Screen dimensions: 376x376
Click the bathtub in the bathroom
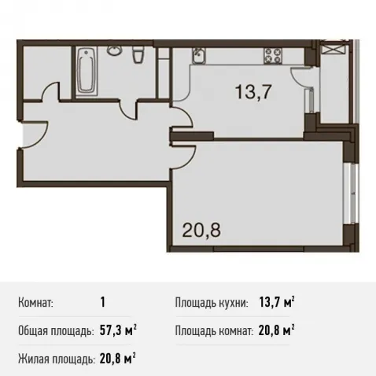(x=87, y=70)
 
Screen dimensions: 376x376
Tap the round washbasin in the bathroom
(x=115, y=50)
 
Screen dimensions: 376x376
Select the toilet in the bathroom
(x=138, y=54)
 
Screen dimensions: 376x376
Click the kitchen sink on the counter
(x=199, y=56)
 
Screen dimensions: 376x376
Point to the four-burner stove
(x=273, y=56)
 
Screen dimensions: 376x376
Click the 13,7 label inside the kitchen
(x=253, y=92)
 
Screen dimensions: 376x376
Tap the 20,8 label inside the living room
(x=201, y=230)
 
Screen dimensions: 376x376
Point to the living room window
(x=350, y=194)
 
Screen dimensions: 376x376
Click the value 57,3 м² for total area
(x=118, y=330)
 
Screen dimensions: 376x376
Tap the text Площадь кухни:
(x=212, y=303)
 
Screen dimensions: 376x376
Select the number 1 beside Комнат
(x=102, y=302)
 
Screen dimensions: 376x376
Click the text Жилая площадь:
(x=57, y=359)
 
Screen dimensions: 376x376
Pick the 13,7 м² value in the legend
(x=277, y=302)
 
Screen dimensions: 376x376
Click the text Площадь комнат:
(x=214, y=331)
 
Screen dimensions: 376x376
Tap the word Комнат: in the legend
(x=35, y=303)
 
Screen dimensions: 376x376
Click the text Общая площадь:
(x=56, y=331)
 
